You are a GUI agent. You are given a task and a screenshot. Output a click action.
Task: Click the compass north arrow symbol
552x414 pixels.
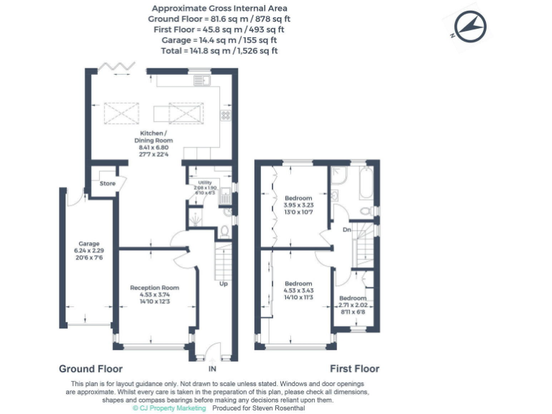click(x=470, y=28)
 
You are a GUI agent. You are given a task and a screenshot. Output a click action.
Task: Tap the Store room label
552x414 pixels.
click(x=107, y=183)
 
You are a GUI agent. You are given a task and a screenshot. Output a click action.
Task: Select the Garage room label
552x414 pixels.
click(x=89, y=244)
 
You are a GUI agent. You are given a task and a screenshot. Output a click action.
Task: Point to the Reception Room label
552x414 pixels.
click(x=155, y=287)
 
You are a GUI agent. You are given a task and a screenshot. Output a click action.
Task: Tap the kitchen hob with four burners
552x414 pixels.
click(x=225, y=114)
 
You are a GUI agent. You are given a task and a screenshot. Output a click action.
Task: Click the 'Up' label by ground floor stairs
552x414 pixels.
click(x=223, y=282)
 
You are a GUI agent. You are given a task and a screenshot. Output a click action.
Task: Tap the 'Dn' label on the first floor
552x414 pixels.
click(x=346, y=230)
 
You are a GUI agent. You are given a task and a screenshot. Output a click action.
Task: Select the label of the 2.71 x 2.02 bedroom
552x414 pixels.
click(x=352, y=298)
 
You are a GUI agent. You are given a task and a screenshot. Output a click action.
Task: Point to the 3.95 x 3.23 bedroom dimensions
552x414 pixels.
click(x=298, y=206)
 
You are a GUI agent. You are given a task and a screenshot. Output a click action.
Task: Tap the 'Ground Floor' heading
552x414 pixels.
click(x=86, y=368)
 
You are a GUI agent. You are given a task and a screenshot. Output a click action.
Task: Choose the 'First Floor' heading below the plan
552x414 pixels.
click(x=354, y=368)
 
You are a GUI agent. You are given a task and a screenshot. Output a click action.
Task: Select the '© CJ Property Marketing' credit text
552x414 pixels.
click(x=169, y=408)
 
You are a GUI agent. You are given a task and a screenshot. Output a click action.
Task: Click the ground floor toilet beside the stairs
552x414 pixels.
click(x=224, y=231)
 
